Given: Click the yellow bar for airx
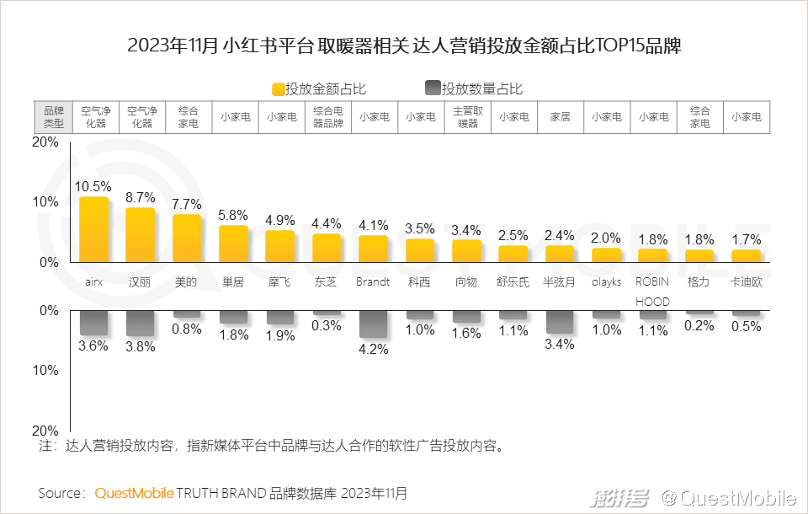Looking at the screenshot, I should (93, 229).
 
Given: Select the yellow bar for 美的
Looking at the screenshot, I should (187, 238).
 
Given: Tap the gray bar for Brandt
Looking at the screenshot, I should (373, 324).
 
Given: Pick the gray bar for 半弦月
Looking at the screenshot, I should (560, 322).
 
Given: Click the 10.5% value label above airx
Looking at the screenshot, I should (93, 186).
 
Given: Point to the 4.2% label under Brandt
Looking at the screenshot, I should (373, 349).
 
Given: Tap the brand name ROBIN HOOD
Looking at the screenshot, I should (652, 292).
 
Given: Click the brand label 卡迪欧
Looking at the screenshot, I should (746, 282).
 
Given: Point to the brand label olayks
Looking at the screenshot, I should (606, 282).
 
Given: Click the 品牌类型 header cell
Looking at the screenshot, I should (53, 117).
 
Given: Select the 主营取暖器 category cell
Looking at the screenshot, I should (467, 117).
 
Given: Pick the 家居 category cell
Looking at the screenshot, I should (560, 117).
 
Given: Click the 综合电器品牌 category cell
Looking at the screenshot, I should (327, 117).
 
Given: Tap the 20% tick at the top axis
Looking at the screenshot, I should (45, 142).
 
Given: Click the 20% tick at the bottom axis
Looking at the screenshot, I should (45, 430).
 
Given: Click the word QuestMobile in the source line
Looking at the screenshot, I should (135, 492).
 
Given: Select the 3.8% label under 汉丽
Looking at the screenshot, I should (140, 345).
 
